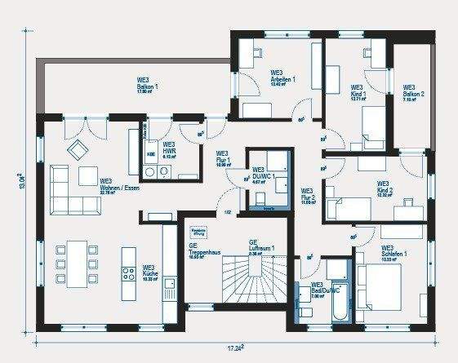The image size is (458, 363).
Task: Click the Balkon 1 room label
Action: (148, 86)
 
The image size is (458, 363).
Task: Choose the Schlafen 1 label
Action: (394, 253)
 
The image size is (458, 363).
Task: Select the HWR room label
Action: (170, 148)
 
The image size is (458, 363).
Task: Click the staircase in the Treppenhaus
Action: (245, 281)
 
